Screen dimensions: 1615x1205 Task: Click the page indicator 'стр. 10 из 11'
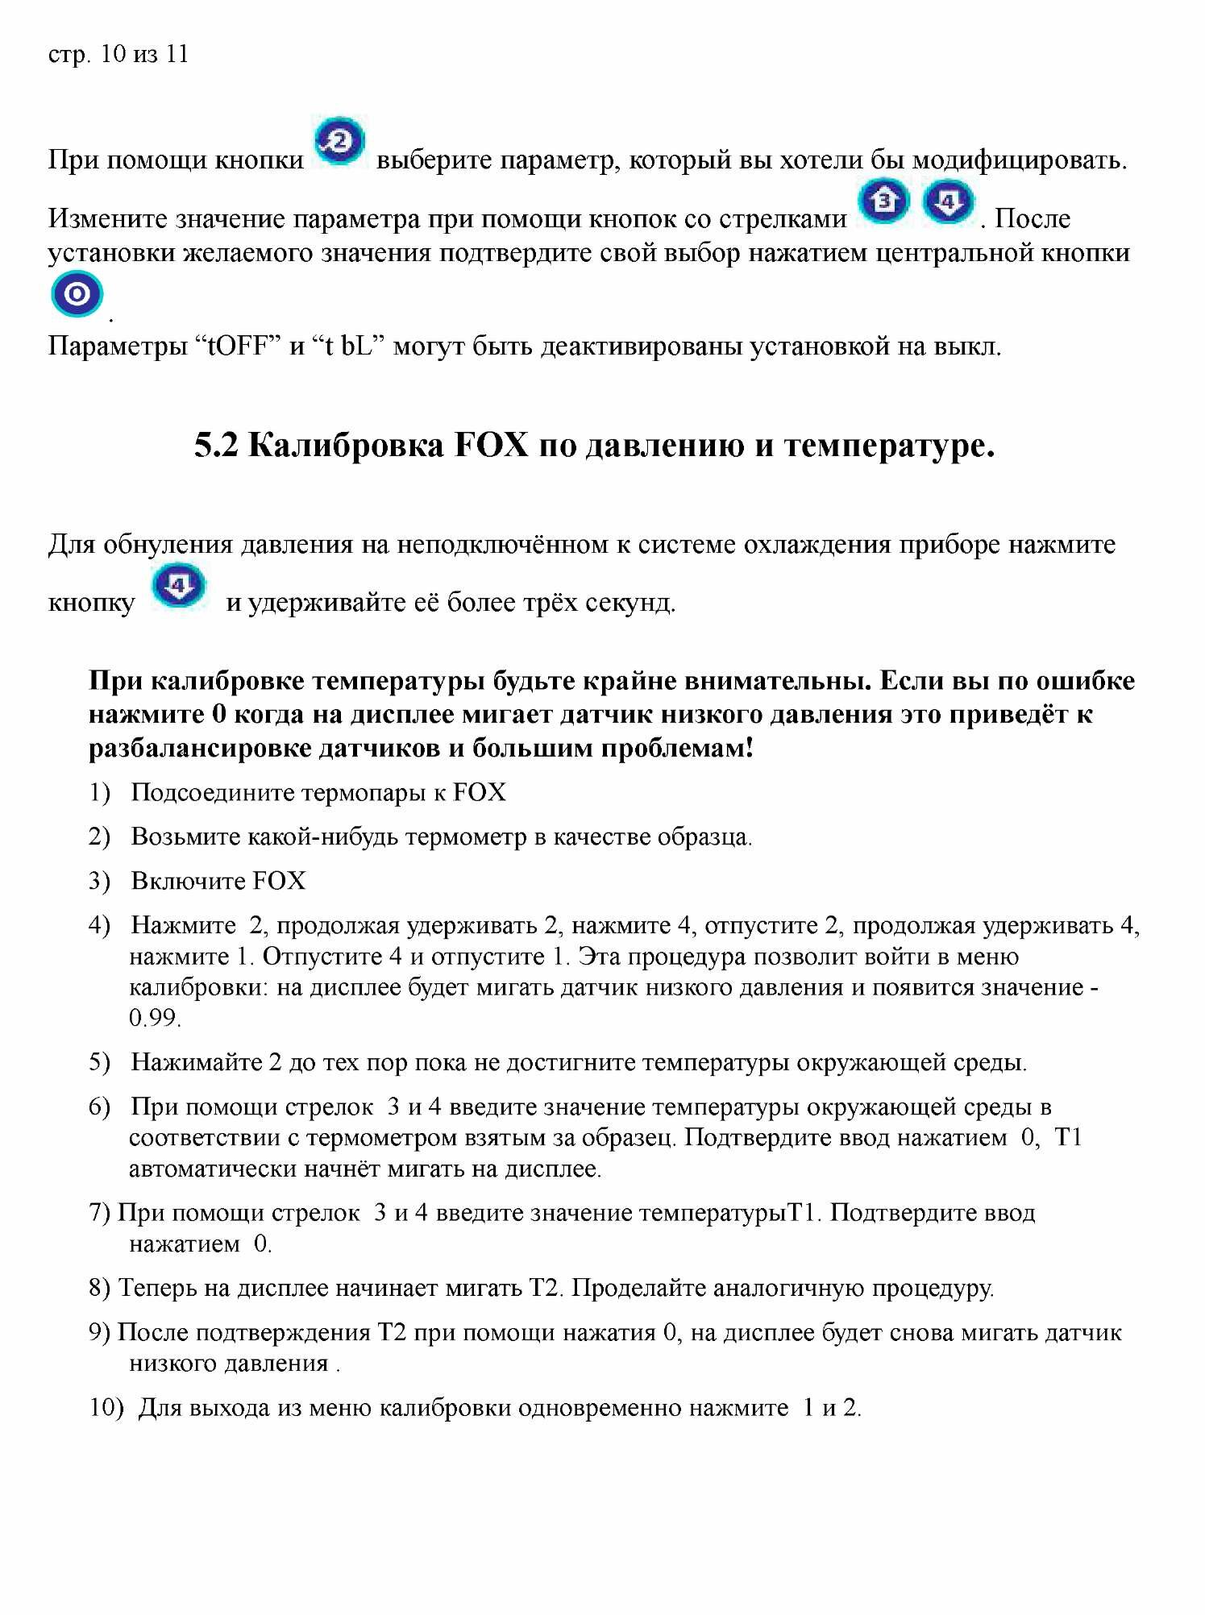pos(118,55)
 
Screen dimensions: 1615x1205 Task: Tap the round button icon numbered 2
pos(339,142)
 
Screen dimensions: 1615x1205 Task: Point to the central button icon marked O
pos(77,295)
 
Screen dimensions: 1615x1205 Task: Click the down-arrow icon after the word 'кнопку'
pos(179,585)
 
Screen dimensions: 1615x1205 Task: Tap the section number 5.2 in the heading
pos(216,446)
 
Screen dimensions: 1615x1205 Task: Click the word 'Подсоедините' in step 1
pos(213,793)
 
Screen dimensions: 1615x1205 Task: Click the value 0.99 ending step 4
pos(154,1019)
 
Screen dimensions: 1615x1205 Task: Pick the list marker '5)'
pos(99,1063)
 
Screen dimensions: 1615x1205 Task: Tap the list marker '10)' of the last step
pos(106,1409)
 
